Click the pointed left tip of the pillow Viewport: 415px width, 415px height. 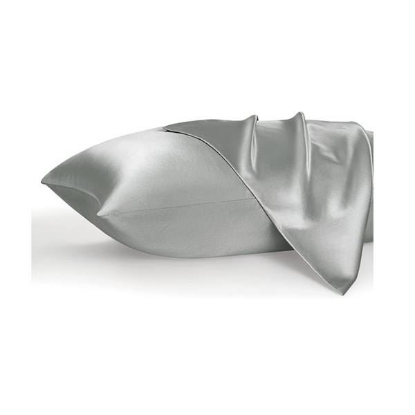coord(43,181)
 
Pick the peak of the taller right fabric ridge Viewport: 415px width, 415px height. coord(299,113)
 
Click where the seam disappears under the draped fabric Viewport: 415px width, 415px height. coord(239,199)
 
